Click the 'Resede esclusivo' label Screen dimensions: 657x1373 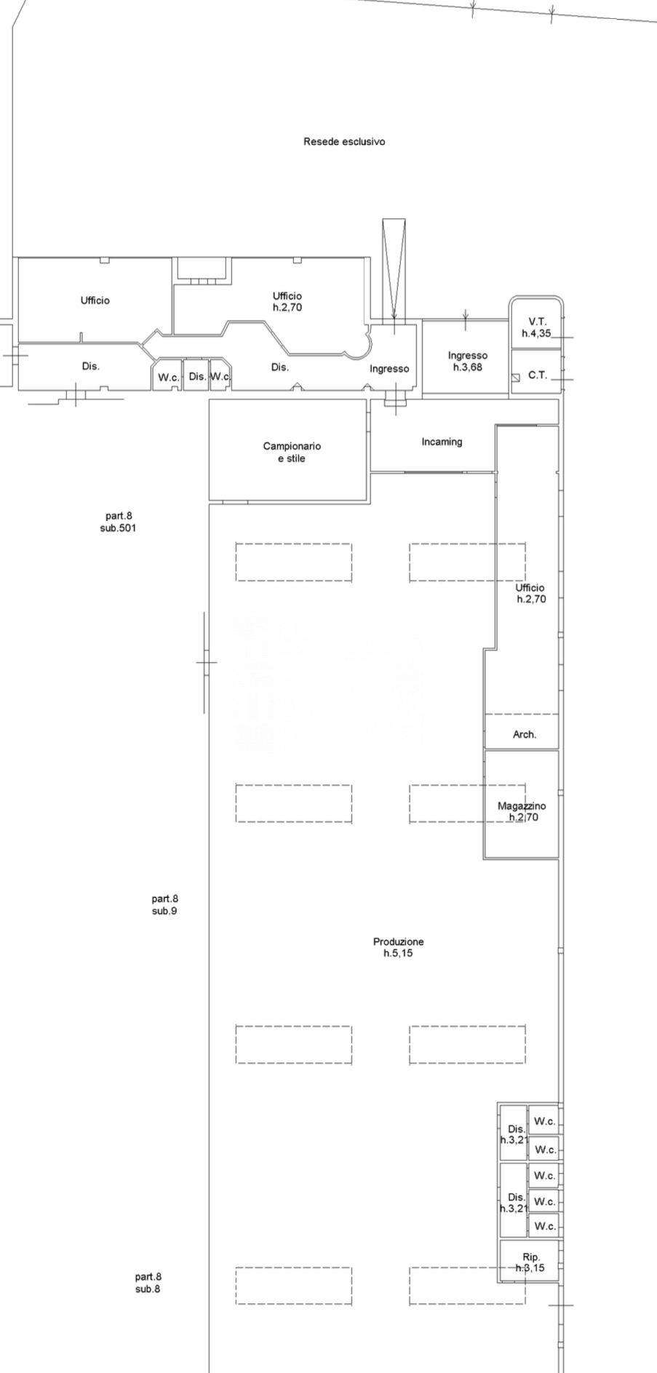pyautogui.click(x=344, y=142)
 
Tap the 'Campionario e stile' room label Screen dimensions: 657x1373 pyautogui.click(x=291, y=453)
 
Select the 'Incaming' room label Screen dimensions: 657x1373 pyautogui.click(x=442, y=442)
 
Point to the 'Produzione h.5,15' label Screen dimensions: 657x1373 pyautogui.click(x=398, y=947)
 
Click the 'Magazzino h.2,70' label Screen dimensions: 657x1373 pyautogui.click(x=522, y=811)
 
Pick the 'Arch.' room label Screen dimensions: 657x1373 pyautogui.click(x=525, y=735)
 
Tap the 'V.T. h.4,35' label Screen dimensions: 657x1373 pyautogui.click(x=537, y=327)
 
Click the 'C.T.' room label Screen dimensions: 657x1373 pyautogui.click(x=538, y=375)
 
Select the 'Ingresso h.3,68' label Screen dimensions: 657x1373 pyautogui.click(x=467, y=362)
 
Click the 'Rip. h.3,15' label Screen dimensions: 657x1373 pyautogui.click(x=530, y=1262)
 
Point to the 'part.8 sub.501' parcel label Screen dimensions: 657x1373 pyautogui.click(x=118, y=522)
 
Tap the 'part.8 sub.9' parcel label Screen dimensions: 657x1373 pyautogui.click(x=164, y=905)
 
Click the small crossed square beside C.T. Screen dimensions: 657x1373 pyautogui.click(x=516, y=378)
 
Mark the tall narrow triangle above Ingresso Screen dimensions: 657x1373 pyautogui.click(x=394, y=269)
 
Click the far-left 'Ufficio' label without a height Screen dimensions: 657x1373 pyautogui.click(x=95, y=301)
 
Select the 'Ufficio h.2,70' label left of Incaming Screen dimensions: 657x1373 pyautogui.click(x=287, y=302)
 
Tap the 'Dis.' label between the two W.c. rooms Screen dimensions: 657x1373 pyautogui.click(x=197, y=377)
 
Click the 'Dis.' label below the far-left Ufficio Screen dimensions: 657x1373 pyautogui.click(x=90, y=367)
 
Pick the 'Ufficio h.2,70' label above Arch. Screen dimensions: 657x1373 pyautogui.click(x=530, y=594)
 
